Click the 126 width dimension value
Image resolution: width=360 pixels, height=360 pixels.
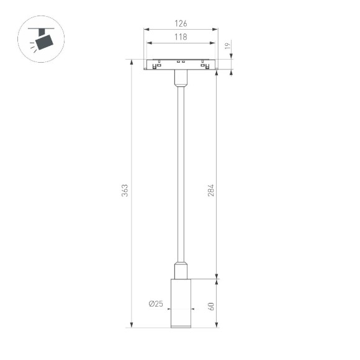pos(181,24)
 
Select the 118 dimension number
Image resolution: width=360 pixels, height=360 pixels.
pos(181,38)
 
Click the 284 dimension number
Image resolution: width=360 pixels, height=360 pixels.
pos(210,191)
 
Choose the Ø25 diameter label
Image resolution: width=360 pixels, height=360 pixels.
pos(155,304)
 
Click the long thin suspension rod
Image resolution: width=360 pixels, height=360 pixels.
pos(181,174)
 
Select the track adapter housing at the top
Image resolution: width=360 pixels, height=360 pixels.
pos(181,65)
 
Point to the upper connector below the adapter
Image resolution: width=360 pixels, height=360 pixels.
pos(181,78)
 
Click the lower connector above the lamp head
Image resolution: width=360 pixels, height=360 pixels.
pos(181,271)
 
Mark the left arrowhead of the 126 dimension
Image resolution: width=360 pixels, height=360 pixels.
pos(146,29)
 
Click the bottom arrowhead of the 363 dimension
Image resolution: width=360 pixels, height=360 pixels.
pos(131,325)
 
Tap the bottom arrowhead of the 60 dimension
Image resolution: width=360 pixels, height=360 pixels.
pos(216,325)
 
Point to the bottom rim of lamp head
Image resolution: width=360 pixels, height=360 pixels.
pos(181,325)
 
